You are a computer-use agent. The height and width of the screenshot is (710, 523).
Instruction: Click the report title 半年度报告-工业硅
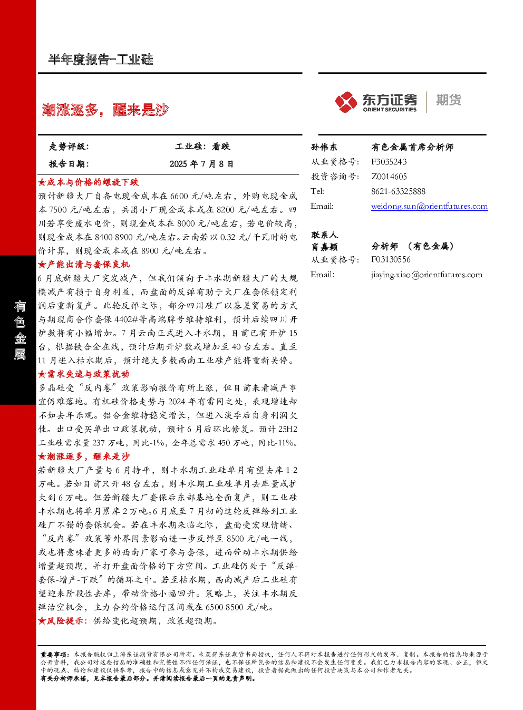101,60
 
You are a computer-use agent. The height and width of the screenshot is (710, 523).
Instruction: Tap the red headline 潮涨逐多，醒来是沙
105,110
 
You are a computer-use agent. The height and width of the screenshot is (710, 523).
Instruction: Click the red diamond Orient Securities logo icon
346,102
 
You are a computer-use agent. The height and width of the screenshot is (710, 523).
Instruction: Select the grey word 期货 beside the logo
449,100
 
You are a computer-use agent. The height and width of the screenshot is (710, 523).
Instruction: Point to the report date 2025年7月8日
201,164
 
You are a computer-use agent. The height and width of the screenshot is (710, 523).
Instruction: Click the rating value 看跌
221,147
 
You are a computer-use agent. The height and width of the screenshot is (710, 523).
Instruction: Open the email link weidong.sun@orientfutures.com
429,206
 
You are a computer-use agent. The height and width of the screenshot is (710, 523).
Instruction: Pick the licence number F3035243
389,162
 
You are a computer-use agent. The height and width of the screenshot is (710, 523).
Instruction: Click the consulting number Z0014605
389,177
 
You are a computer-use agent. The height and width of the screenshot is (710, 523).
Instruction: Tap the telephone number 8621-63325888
398,191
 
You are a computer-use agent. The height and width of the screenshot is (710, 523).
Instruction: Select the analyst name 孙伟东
324,147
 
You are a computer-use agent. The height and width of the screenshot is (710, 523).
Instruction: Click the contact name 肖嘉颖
324,247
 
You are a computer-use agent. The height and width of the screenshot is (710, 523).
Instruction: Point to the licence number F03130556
391,259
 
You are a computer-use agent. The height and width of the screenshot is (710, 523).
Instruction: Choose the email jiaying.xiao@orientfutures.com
427,275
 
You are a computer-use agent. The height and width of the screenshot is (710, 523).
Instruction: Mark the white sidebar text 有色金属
20,330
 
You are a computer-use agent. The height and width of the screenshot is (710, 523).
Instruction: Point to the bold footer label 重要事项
53,655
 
